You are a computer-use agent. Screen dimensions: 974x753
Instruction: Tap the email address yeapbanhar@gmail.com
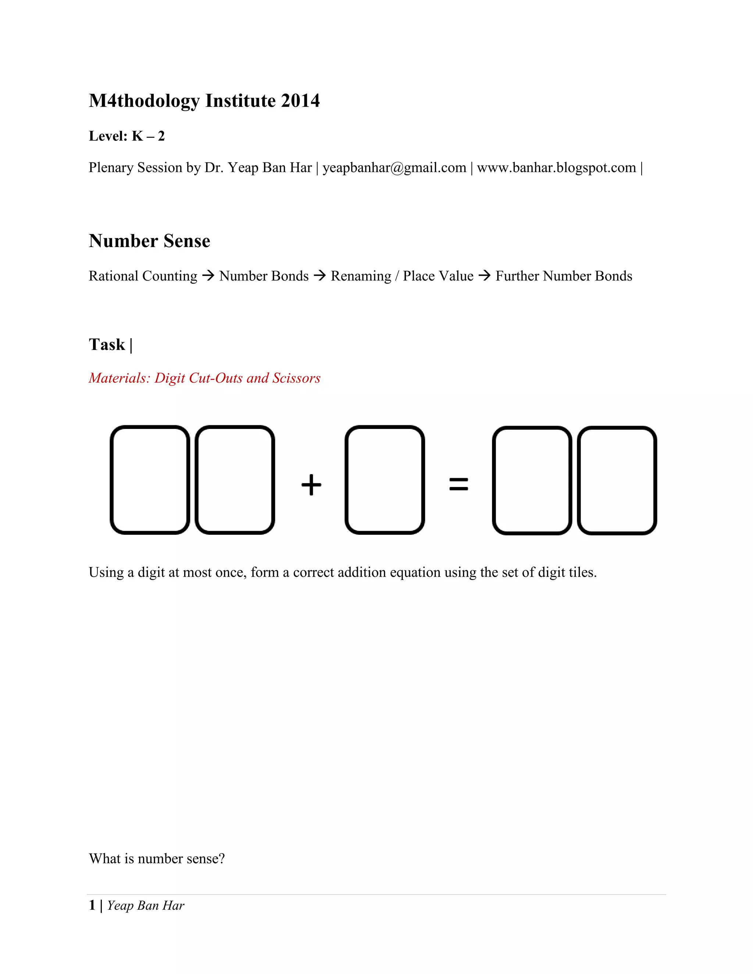[x=395, y=168]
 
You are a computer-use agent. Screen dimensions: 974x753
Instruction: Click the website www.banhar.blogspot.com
[x=556, y=168]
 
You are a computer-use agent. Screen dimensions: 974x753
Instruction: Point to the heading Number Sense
[x=149, y=241]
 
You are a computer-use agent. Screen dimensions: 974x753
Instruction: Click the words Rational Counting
[x=143, y=276]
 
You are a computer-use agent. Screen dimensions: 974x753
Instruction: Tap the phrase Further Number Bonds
[x=564, y=276]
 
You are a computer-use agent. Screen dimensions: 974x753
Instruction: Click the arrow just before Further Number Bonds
[x=485, y=276]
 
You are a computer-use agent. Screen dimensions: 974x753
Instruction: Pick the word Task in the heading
[x=107, y=345]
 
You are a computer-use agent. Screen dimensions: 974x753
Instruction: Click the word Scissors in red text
[x=296, y=378]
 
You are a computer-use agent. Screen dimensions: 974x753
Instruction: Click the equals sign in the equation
[x=458, y=484]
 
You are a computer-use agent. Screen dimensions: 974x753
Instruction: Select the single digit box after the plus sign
[x=385, y=480]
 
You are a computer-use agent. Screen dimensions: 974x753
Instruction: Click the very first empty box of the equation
[x=150, y=480]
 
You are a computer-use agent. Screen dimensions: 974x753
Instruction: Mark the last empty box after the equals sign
[x=617, y=480]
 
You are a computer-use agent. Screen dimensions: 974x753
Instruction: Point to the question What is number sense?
[x=157, y=859]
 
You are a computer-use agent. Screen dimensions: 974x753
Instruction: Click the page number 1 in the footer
[x=92, y=905]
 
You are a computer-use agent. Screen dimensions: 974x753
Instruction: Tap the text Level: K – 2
[x=127, y=136]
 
